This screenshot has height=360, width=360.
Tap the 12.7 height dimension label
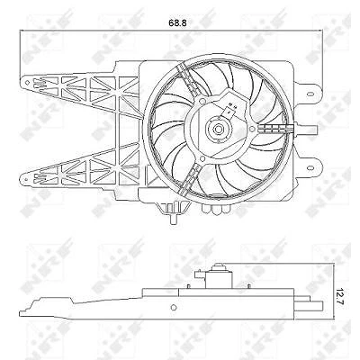[x=339, y=296]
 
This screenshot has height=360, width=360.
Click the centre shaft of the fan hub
[x=218, y=130]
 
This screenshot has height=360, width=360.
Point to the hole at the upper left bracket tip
[x=27, y=82]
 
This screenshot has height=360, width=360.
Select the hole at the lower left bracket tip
[x=26, y=179]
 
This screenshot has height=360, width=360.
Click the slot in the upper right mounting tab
[x=310, y=94]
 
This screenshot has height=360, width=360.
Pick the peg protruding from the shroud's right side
[x=308, y=129]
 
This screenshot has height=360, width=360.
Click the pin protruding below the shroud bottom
[x=174, y=219]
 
